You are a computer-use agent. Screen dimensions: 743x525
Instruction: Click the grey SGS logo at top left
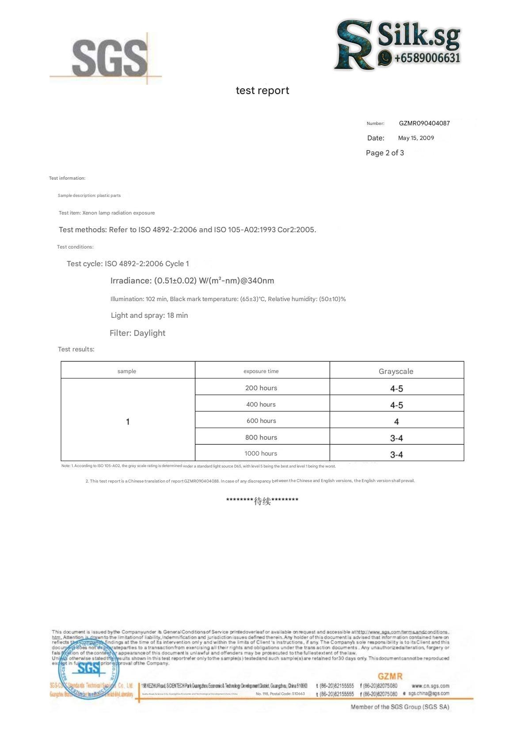coord(109,58)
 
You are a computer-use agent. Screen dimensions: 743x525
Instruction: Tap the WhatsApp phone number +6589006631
coord(427,58)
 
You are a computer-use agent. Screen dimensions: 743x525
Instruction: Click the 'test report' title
coord(262,91)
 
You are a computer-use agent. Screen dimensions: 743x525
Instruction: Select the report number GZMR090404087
coord(424,123)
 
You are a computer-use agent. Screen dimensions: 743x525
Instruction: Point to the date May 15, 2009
coord(416,138)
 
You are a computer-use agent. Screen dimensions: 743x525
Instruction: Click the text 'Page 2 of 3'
coord(385,153)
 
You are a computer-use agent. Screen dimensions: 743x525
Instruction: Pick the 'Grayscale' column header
coord(396,371)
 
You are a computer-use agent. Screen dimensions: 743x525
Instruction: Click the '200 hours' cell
coord(261,388)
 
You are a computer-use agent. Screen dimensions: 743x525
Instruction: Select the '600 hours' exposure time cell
coord(261,421)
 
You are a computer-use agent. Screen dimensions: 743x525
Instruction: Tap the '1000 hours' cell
coord(261,453)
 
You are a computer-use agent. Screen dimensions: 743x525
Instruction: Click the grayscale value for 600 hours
coord(396,422)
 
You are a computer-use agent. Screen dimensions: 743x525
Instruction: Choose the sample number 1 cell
coord(128,422)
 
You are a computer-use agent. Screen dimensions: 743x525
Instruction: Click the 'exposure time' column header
coord(261,371)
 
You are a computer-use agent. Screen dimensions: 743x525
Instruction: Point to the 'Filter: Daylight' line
coord(137,333)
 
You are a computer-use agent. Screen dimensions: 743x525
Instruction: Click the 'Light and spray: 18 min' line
coord(149,315)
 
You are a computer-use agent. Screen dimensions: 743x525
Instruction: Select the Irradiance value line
coord(192,281)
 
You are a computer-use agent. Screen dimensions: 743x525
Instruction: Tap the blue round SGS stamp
coord(89,669)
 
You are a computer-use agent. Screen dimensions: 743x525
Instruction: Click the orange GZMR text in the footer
coord(390,676)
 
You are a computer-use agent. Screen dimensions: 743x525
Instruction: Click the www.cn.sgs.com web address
coord(430,686)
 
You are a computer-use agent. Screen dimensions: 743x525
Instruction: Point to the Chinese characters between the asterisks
coord(262,501)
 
